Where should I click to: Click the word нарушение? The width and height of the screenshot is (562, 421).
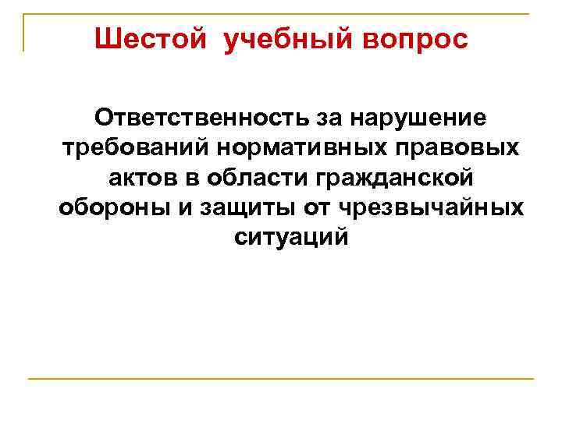point(421,118)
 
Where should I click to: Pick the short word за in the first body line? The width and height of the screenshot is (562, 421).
point(336,118)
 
